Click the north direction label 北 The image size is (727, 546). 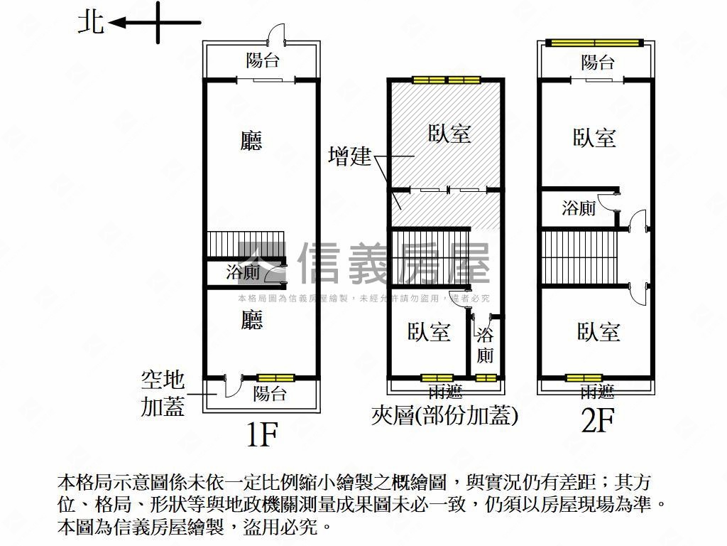90,23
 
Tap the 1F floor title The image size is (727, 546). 262,434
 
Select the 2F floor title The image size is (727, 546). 598,419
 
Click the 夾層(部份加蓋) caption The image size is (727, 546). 444,415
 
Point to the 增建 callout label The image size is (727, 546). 349,156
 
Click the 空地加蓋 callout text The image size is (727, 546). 163,393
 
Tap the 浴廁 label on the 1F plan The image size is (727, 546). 243,272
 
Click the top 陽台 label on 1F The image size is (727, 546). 263,60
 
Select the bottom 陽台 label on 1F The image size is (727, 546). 270,394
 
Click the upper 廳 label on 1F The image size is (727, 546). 251,141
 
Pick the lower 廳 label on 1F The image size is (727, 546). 252,320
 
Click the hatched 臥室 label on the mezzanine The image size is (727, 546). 449,134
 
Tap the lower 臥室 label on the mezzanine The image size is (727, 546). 429,332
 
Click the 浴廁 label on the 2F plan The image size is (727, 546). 579,208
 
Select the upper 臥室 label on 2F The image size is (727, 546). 594,138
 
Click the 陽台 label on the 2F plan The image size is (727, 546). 598,63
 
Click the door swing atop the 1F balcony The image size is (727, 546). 278,33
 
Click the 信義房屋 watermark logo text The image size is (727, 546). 394,263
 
